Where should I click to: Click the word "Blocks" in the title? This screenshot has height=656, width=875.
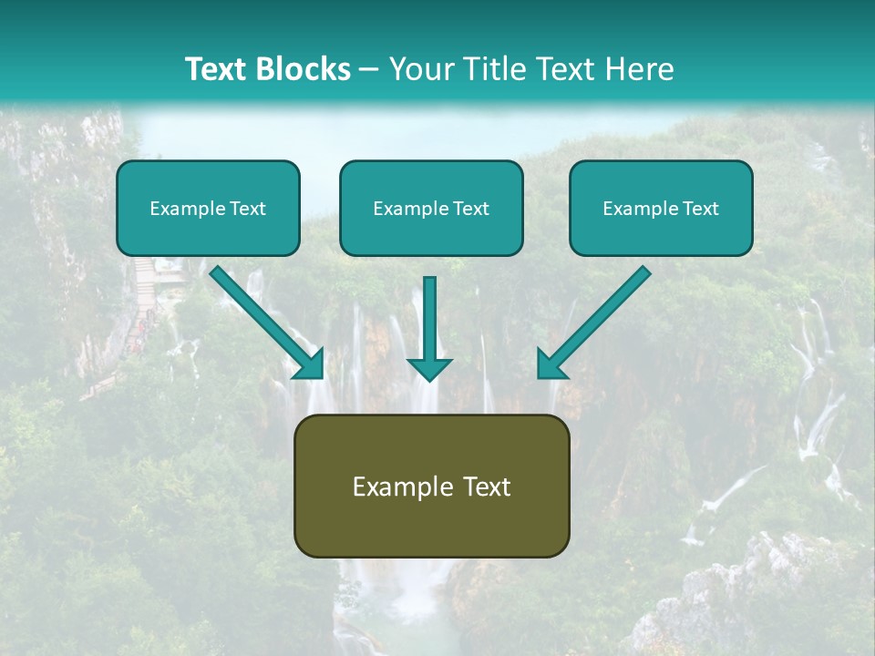click(303, 69)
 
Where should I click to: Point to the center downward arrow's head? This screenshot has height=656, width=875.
click(429, 368)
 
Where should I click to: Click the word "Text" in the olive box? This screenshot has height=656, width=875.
click(488, 487)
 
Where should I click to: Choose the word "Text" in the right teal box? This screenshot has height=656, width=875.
click(701, 209)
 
